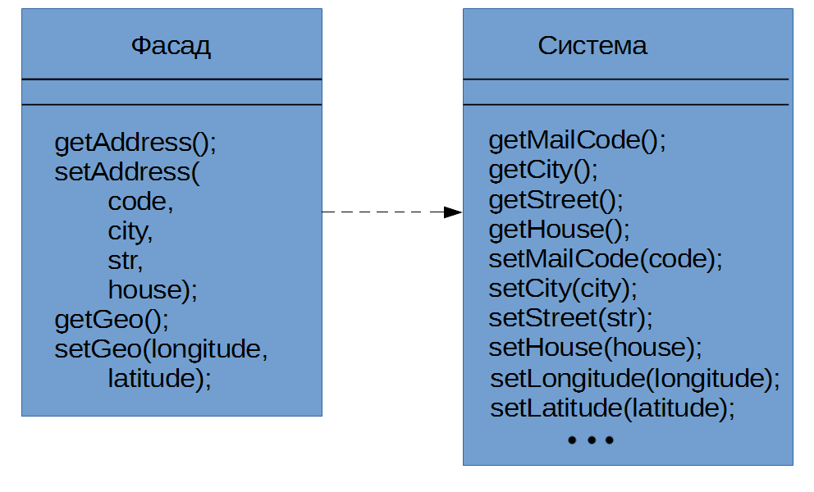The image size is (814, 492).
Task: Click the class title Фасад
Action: (x=171, y=46)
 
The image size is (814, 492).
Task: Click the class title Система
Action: (x=592, y=46)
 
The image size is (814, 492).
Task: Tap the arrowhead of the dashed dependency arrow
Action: (x=453, y=212)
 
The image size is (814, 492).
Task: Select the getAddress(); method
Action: (x=135, y=143)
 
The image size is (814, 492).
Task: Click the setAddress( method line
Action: (x=126, y=172)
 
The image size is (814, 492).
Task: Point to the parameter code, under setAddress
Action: (x=140, y=202)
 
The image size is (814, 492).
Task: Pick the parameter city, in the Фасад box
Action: (x=130, y=231)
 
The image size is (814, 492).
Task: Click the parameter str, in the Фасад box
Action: (x=125, y=261)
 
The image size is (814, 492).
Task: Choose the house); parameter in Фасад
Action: (x=153, y=290)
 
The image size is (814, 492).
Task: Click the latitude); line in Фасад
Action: (x=159, y=379)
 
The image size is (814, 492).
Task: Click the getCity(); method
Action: (x=543, y=171)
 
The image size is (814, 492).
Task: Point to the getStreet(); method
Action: (x=556, y=200)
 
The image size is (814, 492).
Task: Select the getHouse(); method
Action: (x=559, y=230)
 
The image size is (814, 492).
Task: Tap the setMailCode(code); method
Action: (x=606, y=259)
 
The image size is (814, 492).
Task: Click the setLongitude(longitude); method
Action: (x=635, y=379)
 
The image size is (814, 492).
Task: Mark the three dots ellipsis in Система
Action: (x=591, y=440)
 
